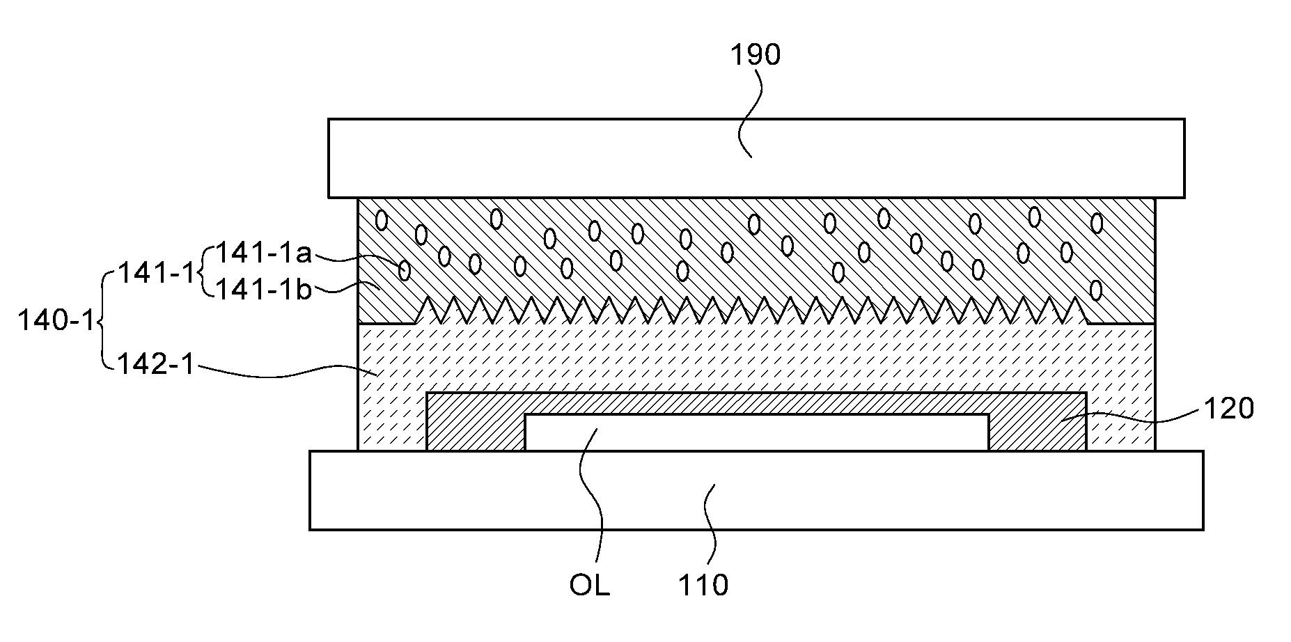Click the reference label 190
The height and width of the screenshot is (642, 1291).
756,54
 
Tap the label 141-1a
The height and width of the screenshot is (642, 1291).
264,253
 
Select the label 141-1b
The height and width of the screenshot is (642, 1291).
264,289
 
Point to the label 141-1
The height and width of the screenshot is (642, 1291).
157,272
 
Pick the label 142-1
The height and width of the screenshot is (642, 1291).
156,363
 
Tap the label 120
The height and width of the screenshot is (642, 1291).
1229,409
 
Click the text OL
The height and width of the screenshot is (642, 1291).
589,585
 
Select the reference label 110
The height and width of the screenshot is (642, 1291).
703,585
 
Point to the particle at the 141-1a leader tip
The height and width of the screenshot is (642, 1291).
404,269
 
